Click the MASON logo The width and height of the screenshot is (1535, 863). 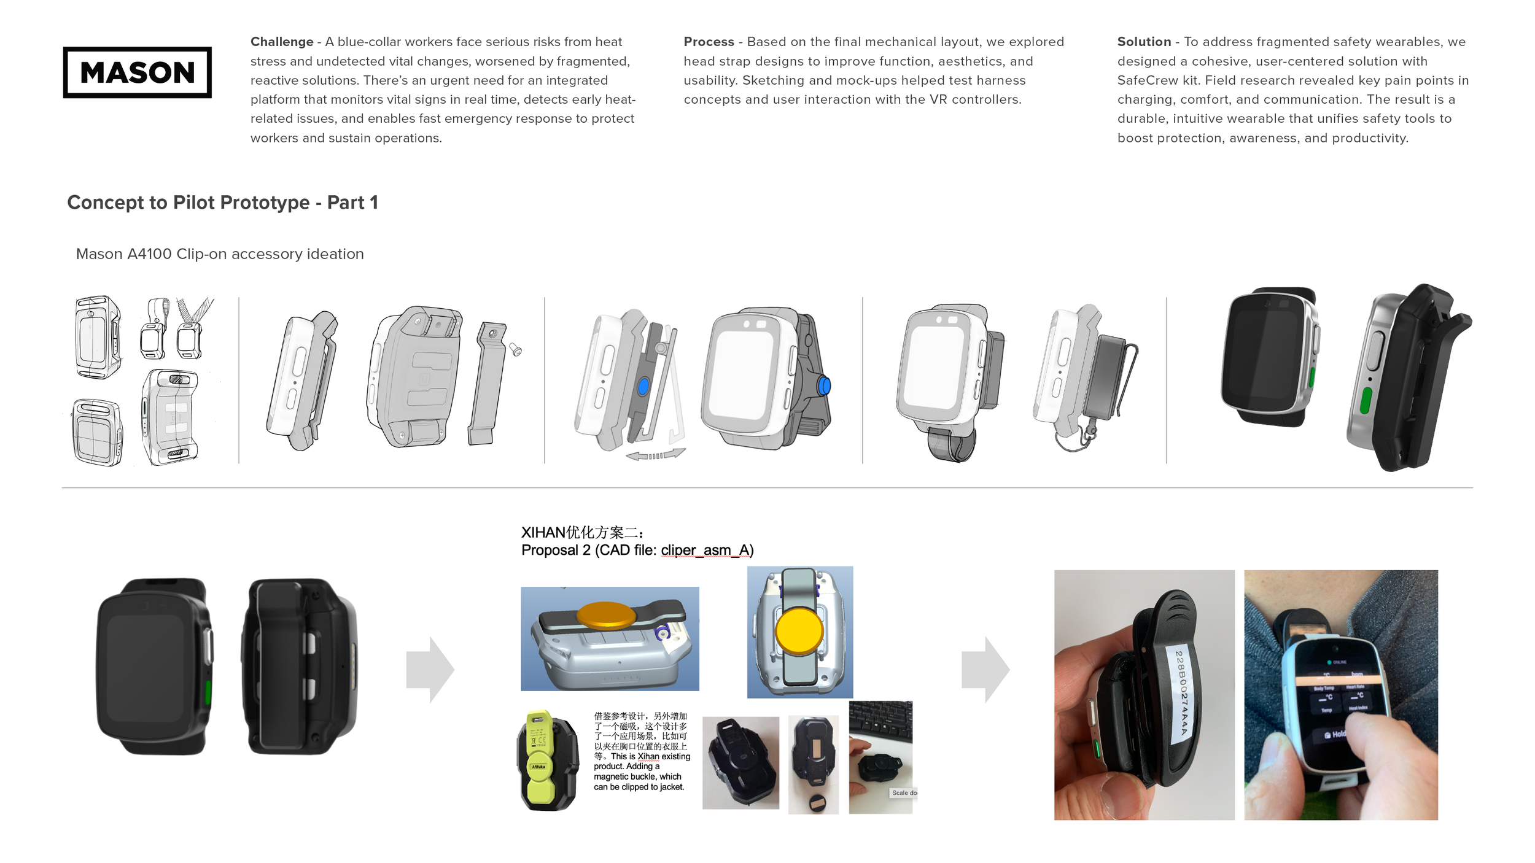click(x=137, y=72)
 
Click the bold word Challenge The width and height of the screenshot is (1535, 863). click(x=281, y=42)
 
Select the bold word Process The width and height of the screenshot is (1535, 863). click(x=709, y=42)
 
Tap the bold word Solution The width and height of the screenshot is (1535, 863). click(x=1144, y=42)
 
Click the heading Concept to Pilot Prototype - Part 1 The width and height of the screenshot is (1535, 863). click(x=222, y=203)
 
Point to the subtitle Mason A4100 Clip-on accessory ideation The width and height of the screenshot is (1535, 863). click(x=220, y=254)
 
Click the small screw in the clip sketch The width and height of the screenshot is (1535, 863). click(x=516, y=350)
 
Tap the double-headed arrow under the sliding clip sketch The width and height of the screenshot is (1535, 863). click(x=655, y=455)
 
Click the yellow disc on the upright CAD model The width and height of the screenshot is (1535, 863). click(x=798, y=630)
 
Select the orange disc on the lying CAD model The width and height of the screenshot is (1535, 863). click(x=607, y=614)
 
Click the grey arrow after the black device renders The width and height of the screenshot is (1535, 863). click(x=430, y=669)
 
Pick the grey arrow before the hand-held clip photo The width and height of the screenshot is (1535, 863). click(x=985, y=669)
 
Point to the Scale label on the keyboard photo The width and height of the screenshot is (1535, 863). click(x=903, y=793)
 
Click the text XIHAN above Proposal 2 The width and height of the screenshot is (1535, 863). click(x=543, y=533)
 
